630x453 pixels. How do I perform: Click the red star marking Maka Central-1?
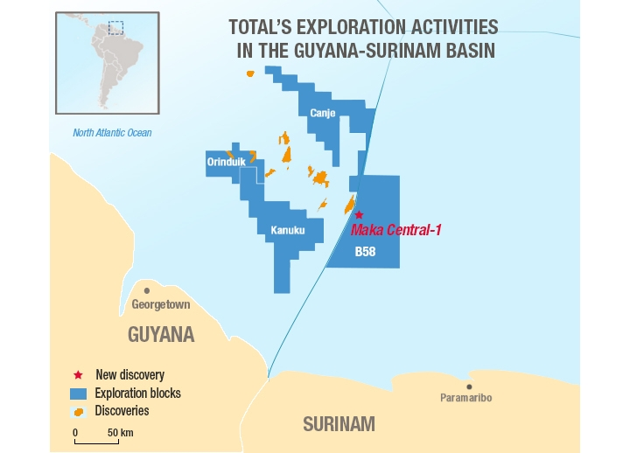click(358, 214)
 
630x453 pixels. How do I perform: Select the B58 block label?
click(365, 251)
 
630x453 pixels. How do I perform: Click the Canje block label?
click(323, 112)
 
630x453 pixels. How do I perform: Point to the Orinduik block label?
click(224, 162)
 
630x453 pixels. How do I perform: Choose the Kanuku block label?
click(287, 231)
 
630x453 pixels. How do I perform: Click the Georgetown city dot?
click(147, 290)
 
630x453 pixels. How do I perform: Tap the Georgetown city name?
click(160, 304)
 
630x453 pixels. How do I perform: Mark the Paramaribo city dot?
click(470, 386)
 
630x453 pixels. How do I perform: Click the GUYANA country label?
click(161, 334)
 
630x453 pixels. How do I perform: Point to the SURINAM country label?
click(339, 425)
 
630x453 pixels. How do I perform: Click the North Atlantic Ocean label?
click(112, 133)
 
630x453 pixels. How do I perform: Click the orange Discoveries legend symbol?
click(80, 411)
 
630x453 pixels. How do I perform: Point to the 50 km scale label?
click(120, 432)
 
